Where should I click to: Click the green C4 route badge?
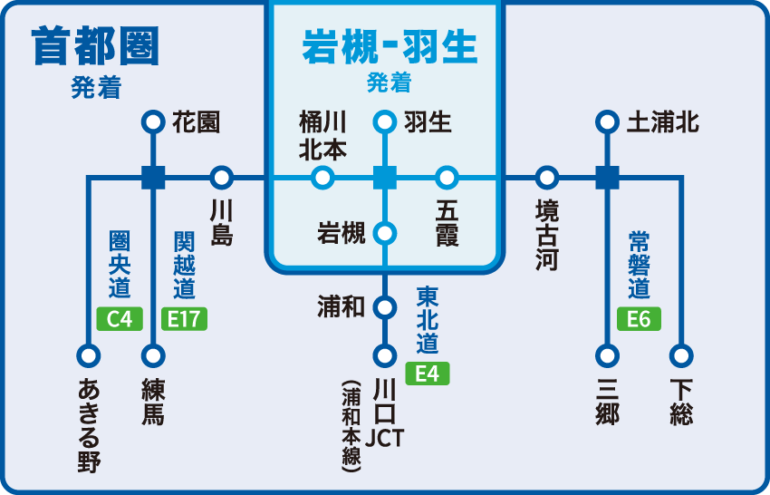click(120, 318)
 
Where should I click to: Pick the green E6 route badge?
click(639, 318)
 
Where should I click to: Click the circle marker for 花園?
click(153, 121)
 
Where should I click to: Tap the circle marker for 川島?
click(221, 177)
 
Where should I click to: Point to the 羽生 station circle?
click(385, 121)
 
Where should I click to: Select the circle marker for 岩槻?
click(385, 233)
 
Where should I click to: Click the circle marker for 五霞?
click(447, 177)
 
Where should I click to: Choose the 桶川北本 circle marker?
click(322, 177)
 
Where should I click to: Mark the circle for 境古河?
click(546, 177)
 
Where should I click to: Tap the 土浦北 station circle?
click(607, 121)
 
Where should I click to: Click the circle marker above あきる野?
click(88, 354)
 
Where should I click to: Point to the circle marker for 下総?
click(680, 354)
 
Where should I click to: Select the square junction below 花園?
click(153, 177)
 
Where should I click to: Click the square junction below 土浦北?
click(607, 177)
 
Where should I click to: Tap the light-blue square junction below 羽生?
click(385, 177)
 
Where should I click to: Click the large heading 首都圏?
click(95, 45)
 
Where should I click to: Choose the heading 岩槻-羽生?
click(389, 47)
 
